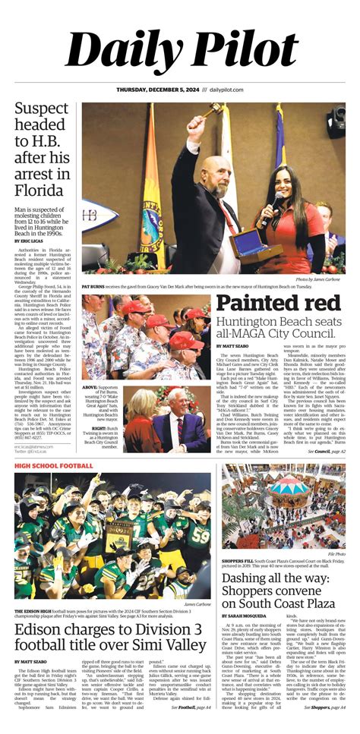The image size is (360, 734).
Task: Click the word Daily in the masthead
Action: [x=122, y=52]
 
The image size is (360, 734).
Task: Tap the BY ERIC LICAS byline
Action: [x=29, y=241]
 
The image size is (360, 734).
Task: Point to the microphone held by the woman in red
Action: [x=271, y=203]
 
